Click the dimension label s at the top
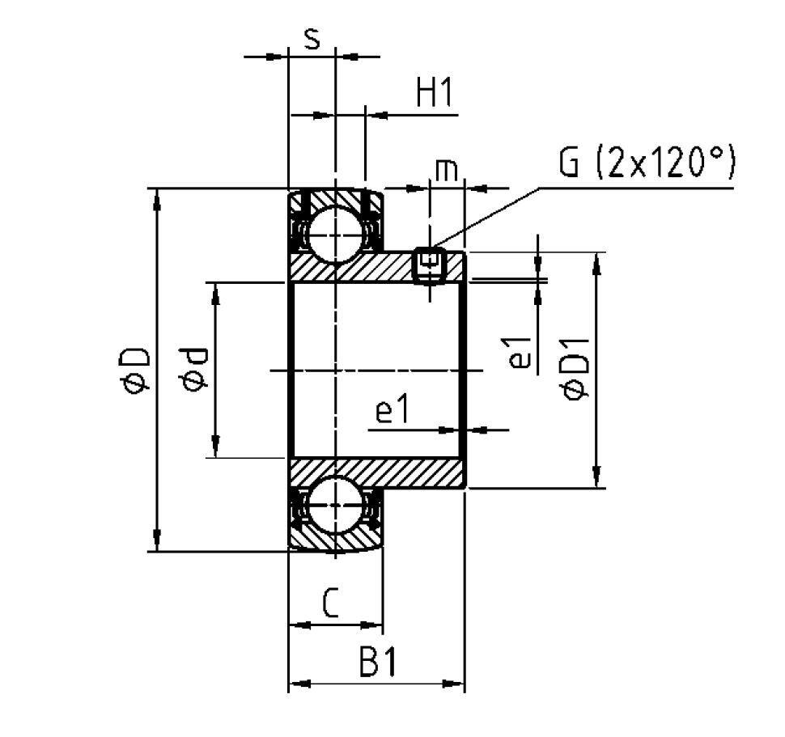click(311, 39)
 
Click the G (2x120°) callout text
click(646, 164)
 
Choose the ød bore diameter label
click(195, 371)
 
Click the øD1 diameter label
click(575, 371)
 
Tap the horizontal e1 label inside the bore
click(393, 413)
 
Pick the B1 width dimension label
click(377, 664)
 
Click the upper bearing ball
click(334, 234)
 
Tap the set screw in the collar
click(430, 265)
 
